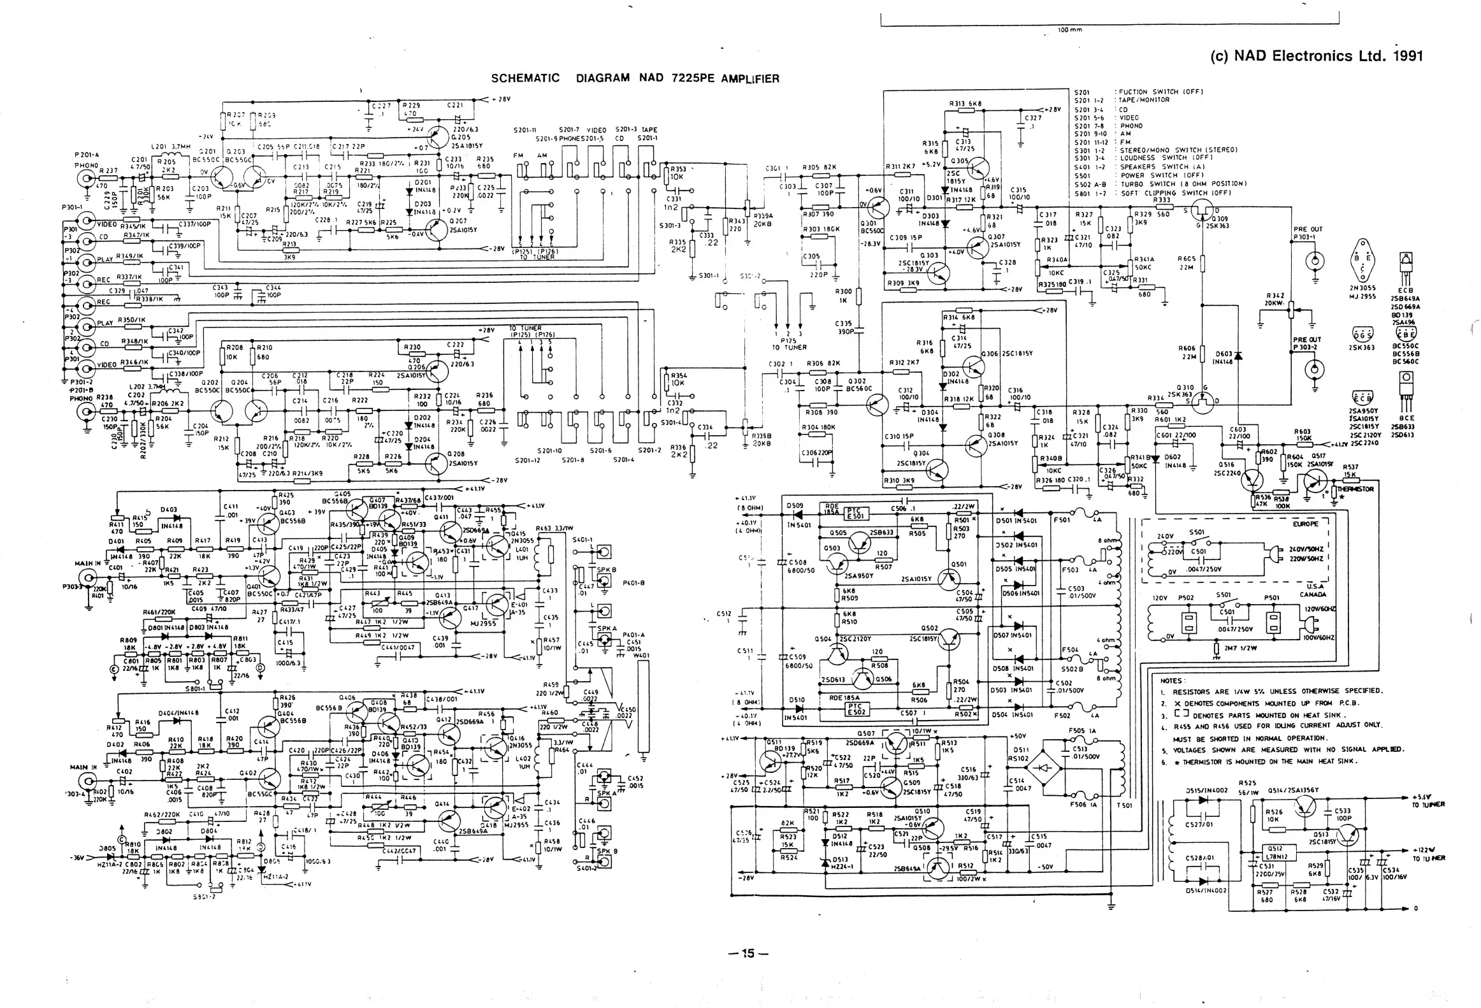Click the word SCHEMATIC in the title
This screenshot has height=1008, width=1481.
coord(525,78)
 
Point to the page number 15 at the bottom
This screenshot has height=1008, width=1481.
coord(748,953)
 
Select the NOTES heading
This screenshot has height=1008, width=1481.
coord(1172,680)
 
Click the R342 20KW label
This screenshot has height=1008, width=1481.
coord(1275,299)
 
